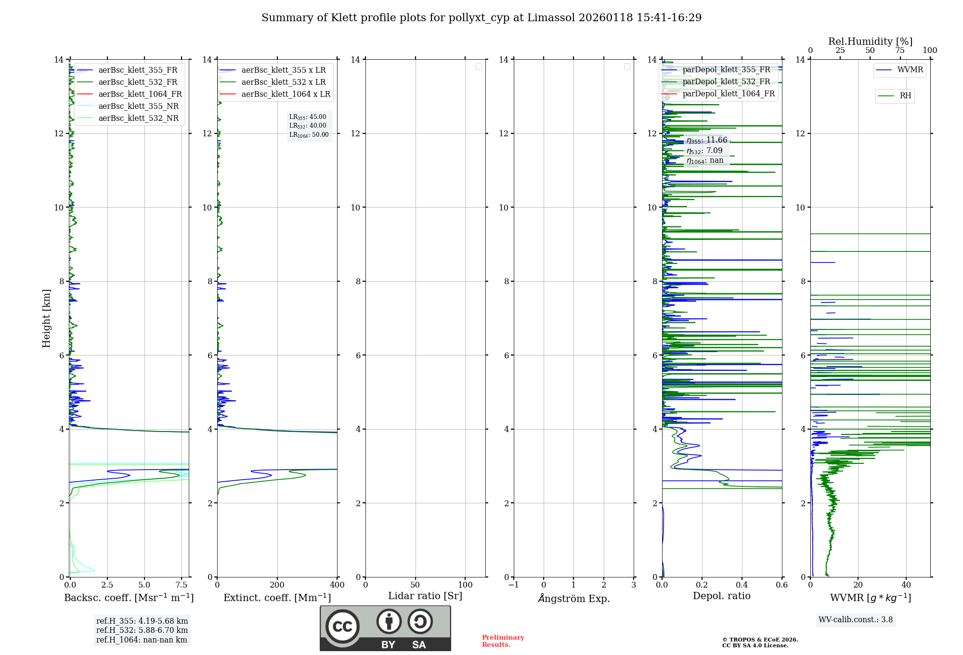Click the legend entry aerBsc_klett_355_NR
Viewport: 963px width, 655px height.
tap(138, 106)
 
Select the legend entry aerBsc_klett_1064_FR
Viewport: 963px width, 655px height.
tap(140, 94)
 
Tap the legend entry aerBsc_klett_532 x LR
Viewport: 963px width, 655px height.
tap(283, 82)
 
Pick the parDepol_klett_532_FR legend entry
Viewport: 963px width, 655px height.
tap(726, 81)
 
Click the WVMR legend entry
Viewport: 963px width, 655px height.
tap(910, 70)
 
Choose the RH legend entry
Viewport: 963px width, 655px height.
tap(905, 96)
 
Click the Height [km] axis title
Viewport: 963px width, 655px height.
tap(46, 318)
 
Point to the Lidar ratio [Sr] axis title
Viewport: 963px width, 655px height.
tap(425, 596)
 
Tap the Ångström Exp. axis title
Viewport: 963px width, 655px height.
tap(573, 598)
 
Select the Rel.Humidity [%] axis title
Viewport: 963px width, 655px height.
tap(870, 41)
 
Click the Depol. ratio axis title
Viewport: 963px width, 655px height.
tap(721, 596)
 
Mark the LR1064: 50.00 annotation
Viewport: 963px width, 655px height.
tap(309, 135)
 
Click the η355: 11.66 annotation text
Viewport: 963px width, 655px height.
tap(707, 140)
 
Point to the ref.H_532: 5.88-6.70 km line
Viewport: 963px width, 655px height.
tap(142, 630)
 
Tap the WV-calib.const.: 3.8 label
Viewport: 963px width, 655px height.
tap(855, 620)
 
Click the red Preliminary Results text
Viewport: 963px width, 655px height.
tap(503, 641)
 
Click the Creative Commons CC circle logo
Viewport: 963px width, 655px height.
tap(342, 627)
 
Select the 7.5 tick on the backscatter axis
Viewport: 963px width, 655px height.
tap(182, 585)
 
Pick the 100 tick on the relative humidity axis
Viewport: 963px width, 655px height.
tap(930, 51)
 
